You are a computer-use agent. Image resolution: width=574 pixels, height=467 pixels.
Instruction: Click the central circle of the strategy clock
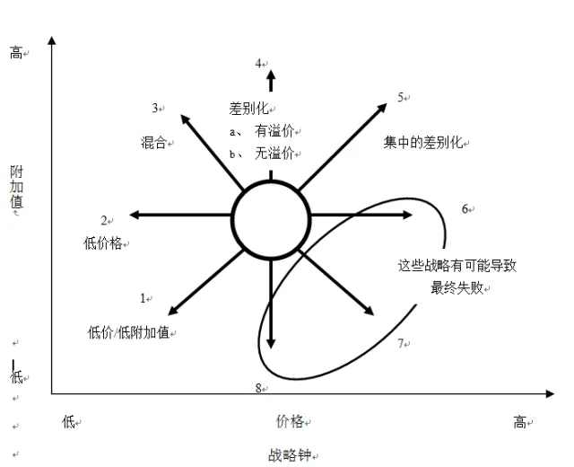point(271,218)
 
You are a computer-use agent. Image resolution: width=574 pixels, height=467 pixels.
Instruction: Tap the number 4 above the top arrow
point(257,64)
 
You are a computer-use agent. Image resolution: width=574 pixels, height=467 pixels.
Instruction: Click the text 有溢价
point(274,131)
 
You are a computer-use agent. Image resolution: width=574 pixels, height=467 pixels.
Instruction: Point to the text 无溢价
point(274,153)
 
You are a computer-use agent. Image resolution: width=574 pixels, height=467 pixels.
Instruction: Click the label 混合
point(153,142)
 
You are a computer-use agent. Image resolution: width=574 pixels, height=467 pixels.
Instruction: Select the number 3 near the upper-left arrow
point(155,109)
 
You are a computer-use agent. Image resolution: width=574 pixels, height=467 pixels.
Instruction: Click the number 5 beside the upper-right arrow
point(401,97)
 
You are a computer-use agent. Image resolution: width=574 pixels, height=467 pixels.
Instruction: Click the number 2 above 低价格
point(103,220)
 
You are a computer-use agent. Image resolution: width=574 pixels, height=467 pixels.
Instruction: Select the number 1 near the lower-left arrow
point(142,297)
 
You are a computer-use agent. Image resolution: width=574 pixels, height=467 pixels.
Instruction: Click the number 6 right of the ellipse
point(465,209)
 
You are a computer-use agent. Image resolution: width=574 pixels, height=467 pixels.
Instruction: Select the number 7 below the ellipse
point(401,343)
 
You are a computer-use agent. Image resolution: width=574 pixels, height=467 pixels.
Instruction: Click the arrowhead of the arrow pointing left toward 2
point(135,215)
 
